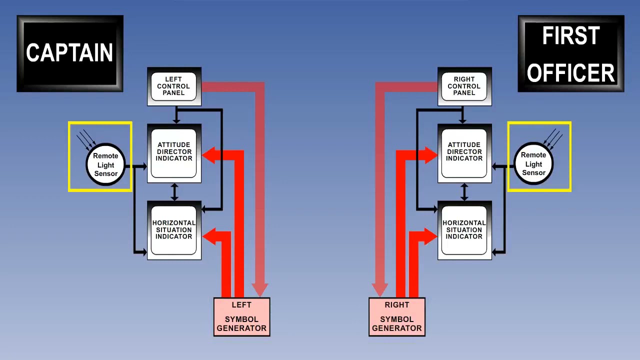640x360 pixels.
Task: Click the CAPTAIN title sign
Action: point(70,53)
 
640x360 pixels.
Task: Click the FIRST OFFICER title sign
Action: point(571,53)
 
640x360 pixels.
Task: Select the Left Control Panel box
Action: point(174,86)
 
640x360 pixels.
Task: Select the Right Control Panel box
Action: point(464,86)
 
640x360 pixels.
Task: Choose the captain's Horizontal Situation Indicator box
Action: point(174,230)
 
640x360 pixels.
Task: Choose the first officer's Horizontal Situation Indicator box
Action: point(464,230)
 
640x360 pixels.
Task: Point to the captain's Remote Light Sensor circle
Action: point(105,165)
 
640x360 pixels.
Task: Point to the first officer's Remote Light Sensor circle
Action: point(533,164)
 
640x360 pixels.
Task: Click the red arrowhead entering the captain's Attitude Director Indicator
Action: point(209,155)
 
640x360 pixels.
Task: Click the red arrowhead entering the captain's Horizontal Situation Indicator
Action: point(209,236)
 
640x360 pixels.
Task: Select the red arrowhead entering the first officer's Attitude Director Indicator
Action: point(430,155)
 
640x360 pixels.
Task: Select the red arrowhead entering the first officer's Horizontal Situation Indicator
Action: point(430,236)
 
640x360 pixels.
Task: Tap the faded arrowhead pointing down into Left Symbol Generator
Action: point(259,289)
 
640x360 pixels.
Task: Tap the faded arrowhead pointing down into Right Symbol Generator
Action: point(380,289)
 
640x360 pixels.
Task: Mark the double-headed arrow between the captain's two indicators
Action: point(174,192)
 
